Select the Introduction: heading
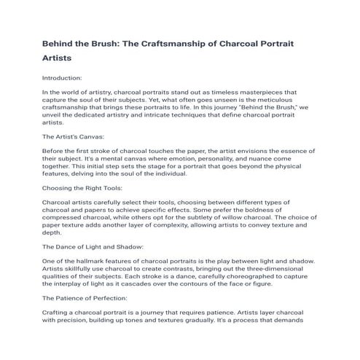[x=63, y=77]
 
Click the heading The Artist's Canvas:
[x=74, y=137]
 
